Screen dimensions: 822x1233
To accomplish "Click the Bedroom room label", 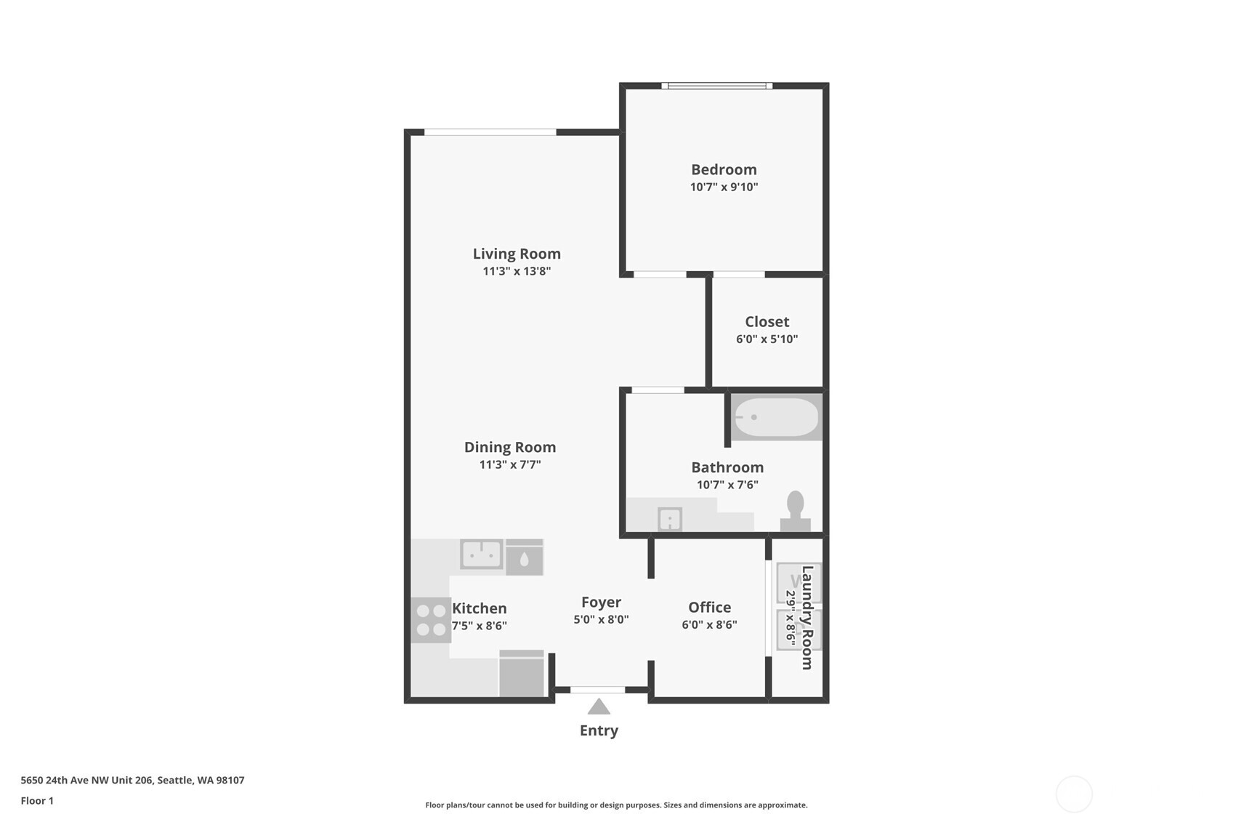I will click(x=724, y=169).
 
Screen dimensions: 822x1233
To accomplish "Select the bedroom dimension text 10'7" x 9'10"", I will click(x=724, y=187).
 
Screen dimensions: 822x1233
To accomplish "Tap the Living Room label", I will click(x=517, y=254).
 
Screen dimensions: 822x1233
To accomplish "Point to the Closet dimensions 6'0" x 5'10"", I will click(x=767, y=339).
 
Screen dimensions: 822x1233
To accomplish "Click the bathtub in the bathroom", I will click(x=776, y=417).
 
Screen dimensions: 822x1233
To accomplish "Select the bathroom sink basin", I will click(x=669, y=519).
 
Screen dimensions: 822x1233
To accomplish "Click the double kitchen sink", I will click(x=481, y=555).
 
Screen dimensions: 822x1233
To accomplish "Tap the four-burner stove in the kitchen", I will click(x=431, y=620).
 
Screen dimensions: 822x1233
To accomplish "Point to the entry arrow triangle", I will click(x=599, y=706).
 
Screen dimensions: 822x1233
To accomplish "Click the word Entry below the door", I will click(x=599, y=730).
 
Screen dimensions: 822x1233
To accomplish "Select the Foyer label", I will click(x=601, y=602).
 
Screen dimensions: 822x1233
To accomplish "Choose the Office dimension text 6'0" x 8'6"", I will click(x=709, y=624).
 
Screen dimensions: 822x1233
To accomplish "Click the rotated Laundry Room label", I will click(x=806, y=617).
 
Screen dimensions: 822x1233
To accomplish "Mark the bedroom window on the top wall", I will click(x=716, y=86).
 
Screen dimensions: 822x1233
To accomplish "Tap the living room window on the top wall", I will click(x=490, y=132).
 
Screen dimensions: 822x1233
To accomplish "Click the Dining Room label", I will click(x=510, y=447).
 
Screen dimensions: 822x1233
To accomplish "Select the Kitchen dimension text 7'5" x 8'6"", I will click(x=480, y=626).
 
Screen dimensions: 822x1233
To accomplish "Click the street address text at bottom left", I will click(x=132, y=780).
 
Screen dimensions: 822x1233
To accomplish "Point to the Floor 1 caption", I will click(x=37, y=800).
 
